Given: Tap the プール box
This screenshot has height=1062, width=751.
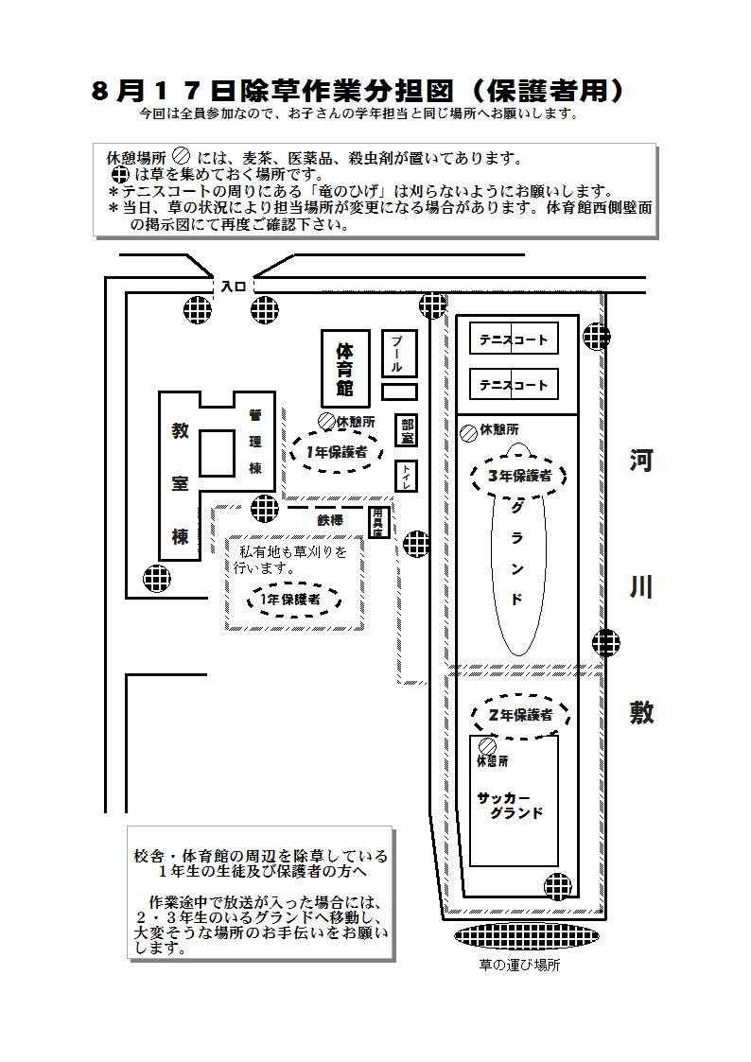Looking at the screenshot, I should coord(398,354).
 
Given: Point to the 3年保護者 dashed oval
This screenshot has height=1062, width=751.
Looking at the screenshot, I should coord(518,476).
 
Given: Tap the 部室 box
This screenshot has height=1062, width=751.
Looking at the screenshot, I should coord(407,431).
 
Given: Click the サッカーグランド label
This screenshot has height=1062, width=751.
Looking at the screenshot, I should coord(512,805).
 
